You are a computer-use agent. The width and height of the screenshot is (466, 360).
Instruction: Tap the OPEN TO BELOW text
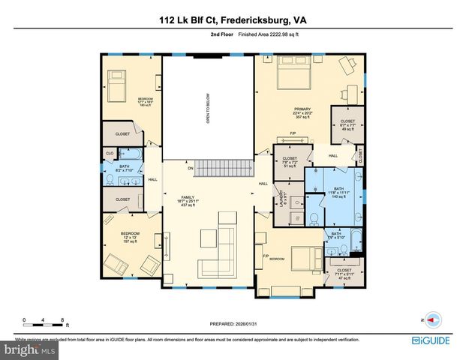point(208,107)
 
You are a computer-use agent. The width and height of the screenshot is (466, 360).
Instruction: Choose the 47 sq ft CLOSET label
point(344,273)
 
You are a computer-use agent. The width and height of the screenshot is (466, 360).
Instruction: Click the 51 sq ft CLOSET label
point(290,161)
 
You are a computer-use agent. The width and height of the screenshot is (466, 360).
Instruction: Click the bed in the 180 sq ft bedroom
point(119,86)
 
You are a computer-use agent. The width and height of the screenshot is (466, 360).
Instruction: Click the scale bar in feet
point(45,320)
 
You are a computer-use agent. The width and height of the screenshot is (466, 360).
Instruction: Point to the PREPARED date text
point(233,324)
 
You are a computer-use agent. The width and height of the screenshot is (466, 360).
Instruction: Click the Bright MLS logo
point(30,349)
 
